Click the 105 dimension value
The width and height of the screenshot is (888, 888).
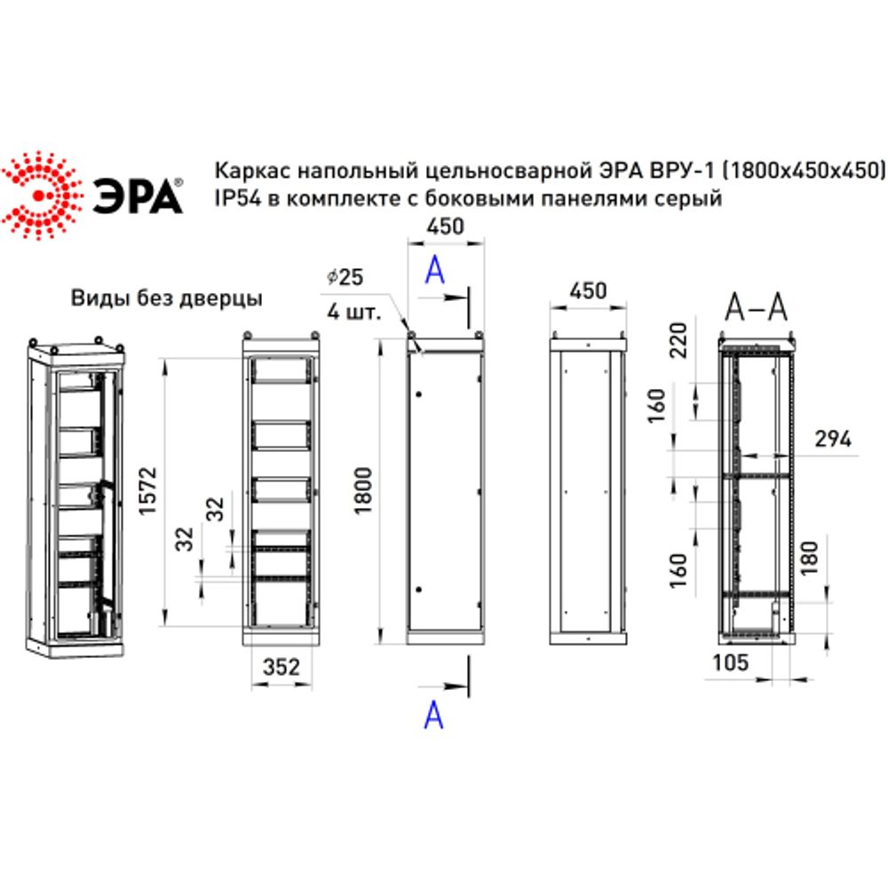(731, 662)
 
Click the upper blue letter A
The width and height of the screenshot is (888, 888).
(433, 269)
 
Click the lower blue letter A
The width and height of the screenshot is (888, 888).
(433, 714)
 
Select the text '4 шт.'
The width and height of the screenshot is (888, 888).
(353, 312)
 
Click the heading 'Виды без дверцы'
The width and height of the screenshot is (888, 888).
(167, 298)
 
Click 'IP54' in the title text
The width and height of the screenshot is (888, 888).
(234, 199)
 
